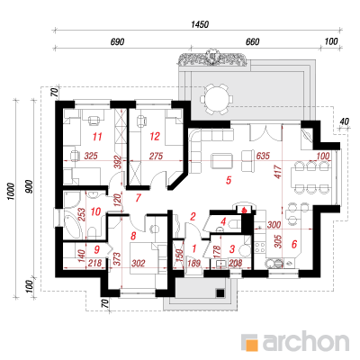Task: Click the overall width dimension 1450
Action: [x=200, y=24]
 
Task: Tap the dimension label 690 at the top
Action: [x=117, y=42]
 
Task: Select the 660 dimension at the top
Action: [x=252, y=42]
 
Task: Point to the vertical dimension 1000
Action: [x=11, y=192]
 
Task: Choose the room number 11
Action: [x=97, y=137]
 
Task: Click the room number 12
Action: [x=155, y=137]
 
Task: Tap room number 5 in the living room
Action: [x=229, y=180]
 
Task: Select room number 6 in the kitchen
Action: [x=294, y=244]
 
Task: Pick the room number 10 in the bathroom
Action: [x=95, y=211]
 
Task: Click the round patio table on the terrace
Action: [x=216, y=99]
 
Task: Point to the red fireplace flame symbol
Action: [x=245, y=210]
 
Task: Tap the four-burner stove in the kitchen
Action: [x=260, y=247]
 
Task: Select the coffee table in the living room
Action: [x=222, y=161]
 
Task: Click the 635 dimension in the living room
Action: [x=263, y=156]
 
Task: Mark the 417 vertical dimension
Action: [x=278, y=172]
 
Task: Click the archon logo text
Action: [x=306, y=341]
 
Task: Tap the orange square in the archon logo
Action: [x=253, y=345]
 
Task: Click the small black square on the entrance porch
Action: [x=220, y=292]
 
